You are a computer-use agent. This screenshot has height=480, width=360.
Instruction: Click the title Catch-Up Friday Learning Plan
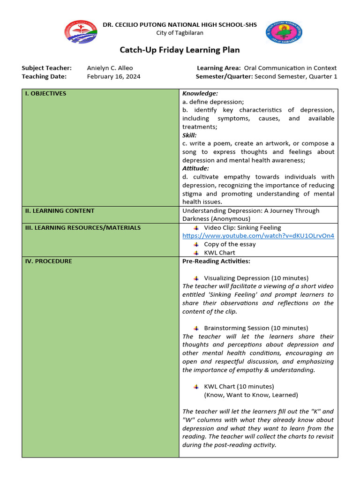[180, 50]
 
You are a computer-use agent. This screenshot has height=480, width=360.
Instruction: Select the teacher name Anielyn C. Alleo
[110, 68]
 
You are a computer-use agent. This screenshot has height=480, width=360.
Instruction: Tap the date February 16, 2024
[113, 76]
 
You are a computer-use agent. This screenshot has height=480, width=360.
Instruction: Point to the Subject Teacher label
[46, 68]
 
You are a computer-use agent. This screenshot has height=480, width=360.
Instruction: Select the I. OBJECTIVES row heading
[45, 93]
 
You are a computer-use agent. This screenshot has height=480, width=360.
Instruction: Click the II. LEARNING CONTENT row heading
[60, 210]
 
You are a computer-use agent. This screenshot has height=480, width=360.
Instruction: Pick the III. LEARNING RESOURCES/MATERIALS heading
[82, 227]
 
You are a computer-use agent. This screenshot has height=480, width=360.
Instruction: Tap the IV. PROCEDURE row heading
[48, 261]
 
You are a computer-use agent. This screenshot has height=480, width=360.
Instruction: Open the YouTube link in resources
[258, 236]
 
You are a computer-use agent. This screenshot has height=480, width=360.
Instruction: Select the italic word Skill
[189, 135]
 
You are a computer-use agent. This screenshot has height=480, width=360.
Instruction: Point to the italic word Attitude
[195, 168]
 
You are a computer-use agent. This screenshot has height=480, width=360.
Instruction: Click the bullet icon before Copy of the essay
[196, 244]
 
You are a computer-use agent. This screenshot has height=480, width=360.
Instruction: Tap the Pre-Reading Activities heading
[216, 261]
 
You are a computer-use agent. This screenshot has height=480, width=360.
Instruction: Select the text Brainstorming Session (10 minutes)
[256, 328]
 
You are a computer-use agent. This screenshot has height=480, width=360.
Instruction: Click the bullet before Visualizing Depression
[196, 278]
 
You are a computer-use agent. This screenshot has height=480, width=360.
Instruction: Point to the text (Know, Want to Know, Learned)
[251, 395]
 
